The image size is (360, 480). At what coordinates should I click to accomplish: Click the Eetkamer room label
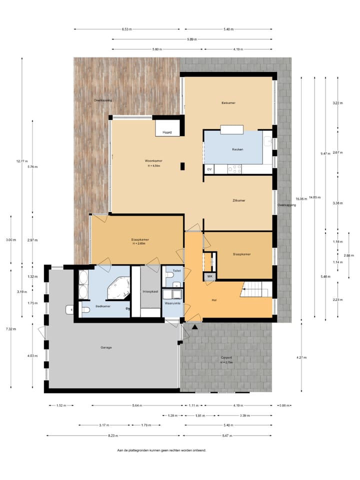tap(228, 103)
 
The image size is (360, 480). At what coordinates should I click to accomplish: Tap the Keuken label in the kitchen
tap(237, 149)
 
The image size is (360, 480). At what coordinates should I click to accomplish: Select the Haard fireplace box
tap(167, 132)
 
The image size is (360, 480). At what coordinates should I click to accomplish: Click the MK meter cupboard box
tap(209, 276)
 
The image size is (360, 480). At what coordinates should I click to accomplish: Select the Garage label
tap(105, 347)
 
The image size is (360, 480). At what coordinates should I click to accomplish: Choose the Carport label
tap(227, 357)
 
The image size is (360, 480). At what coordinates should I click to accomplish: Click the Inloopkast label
tap(150, 291)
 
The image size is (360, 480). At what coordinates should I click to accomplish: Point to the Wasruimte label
tap(172, 303)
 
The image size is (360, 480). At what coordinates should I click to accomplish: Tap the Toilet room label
tap(176, 270)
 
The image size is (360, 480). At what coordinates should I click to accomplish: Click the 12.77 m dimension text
tap(21, 161)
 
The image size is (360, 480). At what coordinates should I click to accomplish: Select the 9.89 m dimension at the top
tap(192, 39)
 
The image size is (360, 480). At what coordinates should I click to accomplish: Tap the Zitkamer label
tap(238, 200)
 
